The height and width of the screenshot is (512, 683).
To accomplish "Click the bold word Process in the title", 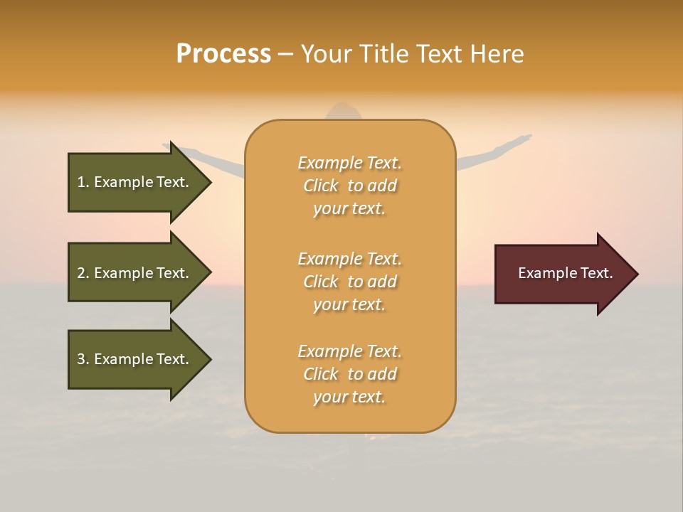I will [x=223, y=54].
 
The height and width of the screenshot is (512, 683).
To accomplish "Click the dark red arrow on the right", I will [x=562, y=273].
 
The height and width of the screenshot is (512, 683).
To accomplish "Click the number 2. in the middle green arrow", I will [x=83, y=273].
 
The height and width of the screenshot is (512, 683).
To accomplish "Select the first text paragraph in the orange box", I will [x=349, y=186].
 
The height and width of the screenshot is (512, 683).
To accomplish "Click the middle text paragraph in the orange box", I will [x=349, y=282].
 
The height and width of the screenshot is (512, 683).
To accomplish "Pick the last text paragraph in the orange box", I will [x=349, y=374].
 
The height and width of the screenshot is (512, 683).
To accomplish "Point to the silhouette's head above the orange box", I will [x=349, y=111].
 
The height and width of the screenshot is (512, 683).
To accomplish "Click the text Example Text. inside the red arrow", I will [x=565, y=273].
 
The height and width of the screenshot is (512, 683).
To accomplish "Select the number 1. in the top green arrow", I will [x=83, y=182].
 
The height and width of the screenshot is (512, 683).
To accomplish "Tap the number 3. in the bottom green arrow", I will [x=83, y=359].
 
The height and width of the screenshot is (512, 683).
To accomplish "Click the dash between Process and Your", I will [x=285, y=55].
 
